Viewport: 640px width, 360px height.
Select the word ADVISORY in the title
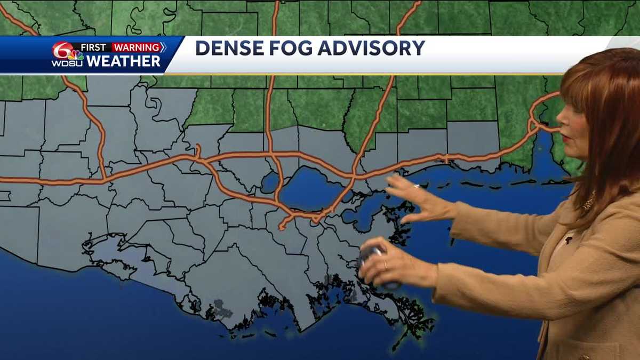pos(373,48)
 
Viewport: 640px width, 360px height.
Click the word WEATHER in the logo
pos(123,61)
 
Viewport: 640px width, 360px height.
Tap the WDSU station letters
pos(67,63)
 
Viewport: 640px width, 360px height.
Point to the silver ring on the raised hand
pos(417,187)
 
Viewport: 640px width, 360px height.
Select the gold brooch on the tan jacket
pos(589,203)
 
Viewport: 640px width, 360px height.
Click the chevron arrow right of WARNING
pos(163,47)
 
